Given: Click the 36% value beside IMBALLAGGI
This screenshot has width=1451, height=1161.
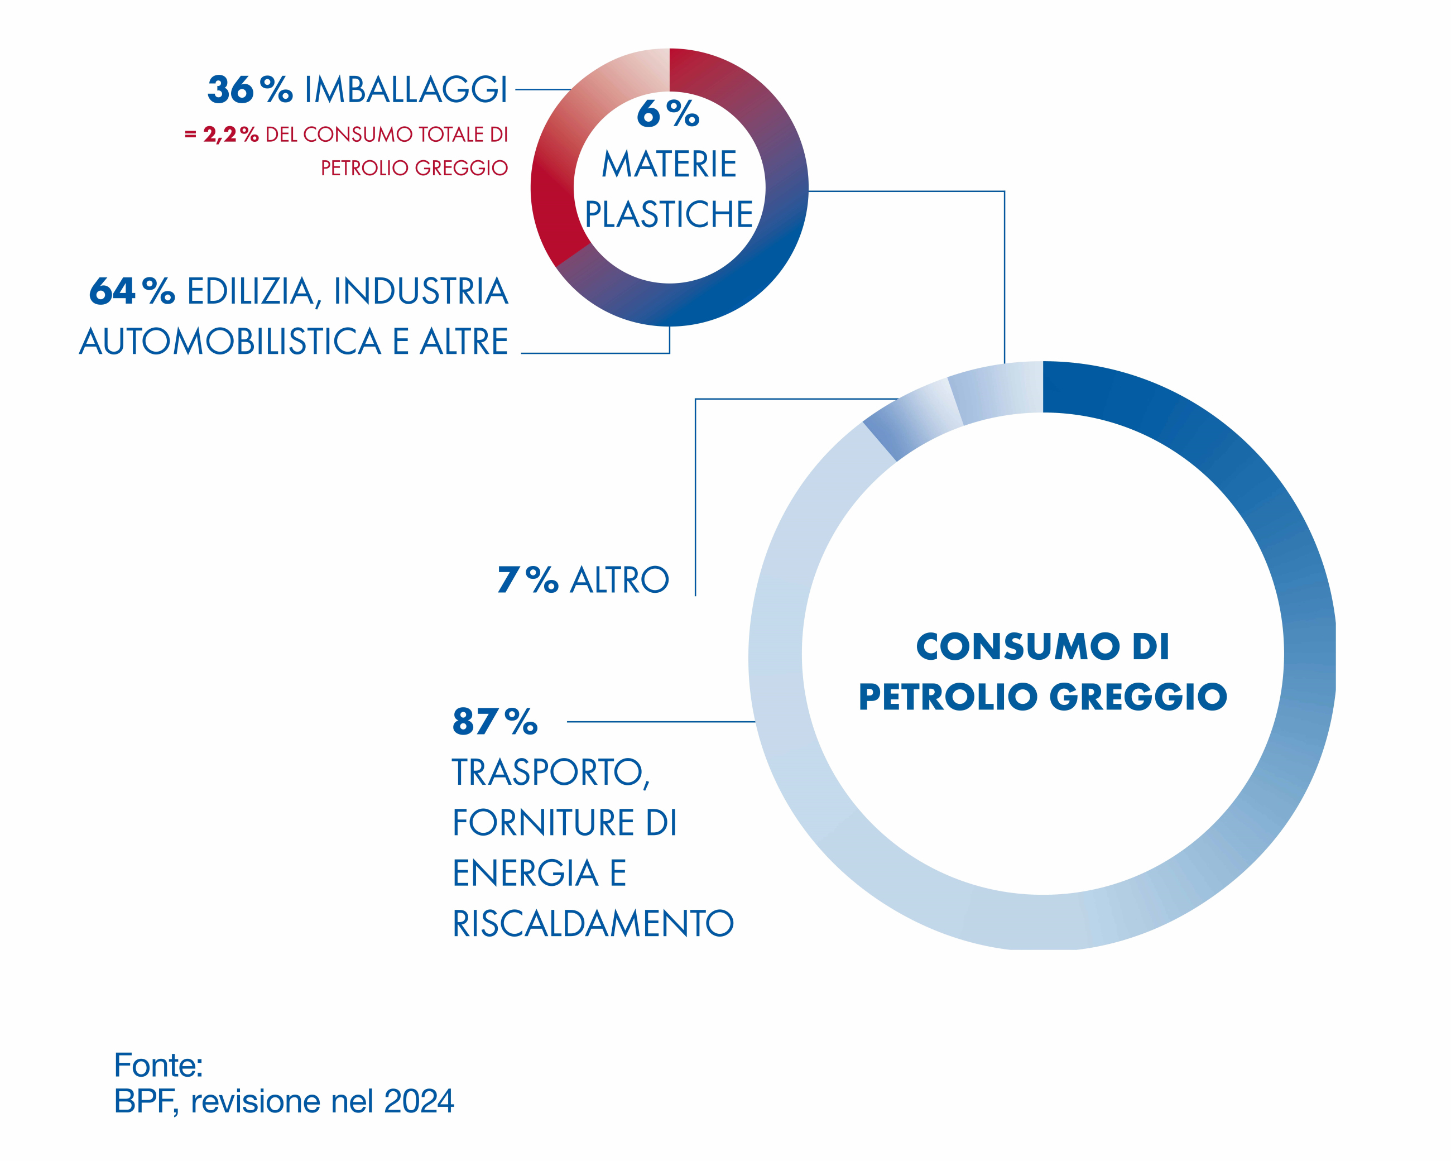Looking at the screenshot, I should pyautogui.click(x=249, y=89).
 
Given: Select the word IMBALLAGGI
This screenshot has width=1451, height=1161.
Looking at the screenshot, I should pyautogui.click(x=406, y=89).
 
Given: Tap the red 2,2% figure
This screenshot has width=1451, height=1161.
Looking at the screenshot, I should pyautogui.click(x=230, y=135).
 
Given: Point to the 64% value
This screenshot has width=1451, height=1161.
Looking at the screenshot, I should pyautogui.click(x=132, y=291).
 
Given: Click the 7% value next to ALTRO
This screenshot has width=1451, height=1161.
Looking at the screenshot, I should pyautogui.click(x=527, y=579).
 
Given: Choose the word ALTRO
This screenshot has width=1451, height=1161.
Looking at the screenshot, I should pyautogui.click(x=619, y=579).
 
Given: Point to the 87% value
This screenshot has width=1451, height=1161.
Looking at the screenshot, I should pyautogui.click(x=494, y=722).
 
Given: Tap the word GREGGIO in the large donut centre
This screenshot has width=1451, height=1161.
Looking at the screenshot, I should pyautogui.click(x=1138, y=697).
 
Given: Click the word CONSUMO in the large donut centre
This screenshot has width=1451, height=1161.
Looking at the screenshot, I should pyautogui.click(x=1017, y=647).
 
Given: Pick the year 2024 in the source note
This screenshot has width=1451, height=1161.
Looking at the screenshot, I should pyautogui.click(x=419, y=1102).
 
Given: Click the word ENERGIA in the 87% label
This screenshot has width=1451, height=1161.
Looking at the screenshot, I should pyautogui.click(x=526, y=873).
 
